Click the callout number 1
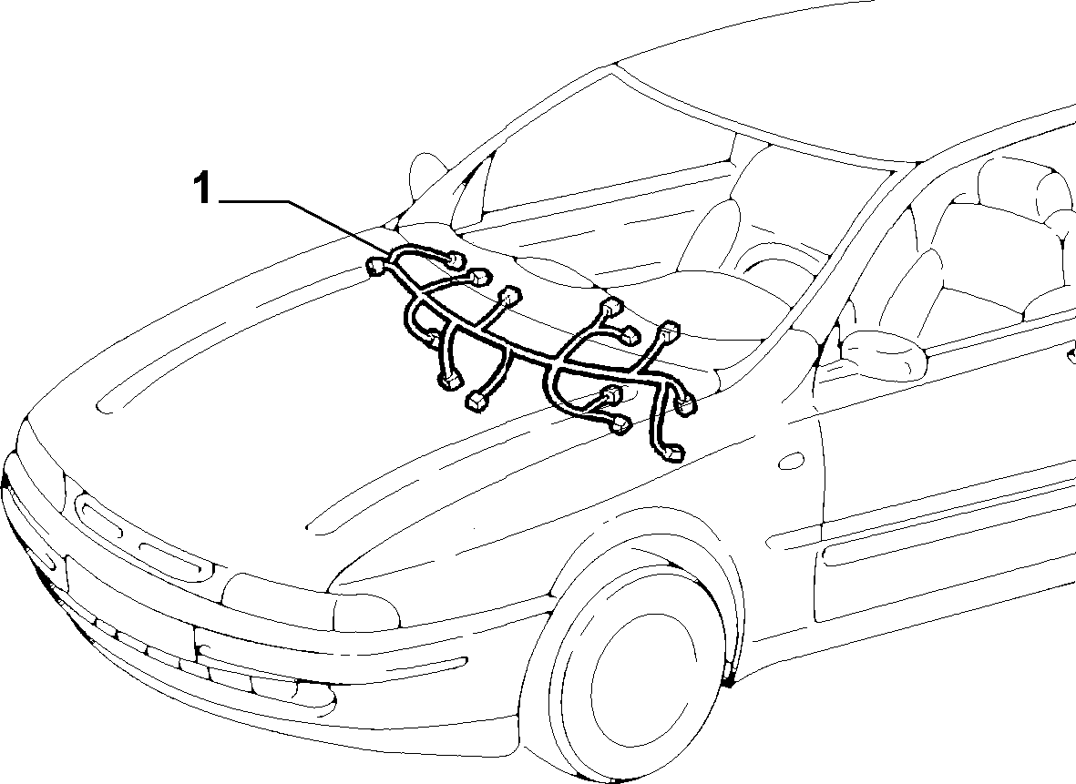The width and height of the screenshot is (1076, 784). pyautogui.click(x=201, y=188)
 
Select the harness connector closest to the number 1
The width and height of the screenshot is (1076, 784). pyautogui.click(x=377, y=266)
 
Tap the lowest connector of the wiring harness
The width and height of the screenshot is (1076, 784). pyautogui.click(x=673, y=452)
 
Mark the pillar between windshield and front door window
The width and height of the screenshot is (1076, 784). pyautogui.click(x=865, y=260)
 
